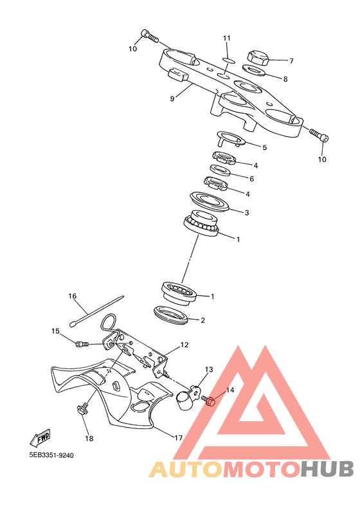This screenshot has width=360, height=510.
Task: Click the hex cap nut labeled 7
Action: [258, 58]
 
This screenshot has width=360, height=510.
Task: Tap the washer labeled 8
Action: [254, 69]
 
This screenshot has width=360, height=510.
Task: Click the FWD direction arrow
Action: [40, 437]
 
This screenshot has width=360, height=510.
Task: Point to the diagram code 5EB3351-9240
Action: [51, 455]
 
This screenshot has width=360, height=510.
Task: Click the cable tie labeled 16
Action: [96, 310]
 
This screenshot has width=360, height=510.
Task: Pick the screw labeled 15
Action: [82, 344]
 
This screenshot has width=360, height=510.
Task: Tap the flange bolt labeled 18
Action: [82, 408]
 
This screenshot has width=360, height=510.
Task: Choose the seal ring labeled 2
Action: [171, 315]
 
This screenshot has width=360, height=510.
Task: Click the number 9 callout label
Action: [172, 98]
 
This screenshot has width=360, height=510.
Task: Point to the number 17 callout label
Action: [178, 438]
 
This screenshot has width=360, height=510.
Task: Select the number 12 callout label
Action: [184, 345]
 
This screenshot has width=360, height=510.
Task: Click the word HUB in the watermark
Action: [327, 469]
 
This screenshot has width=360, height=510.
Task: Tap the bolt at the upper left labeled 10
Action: [150, 36]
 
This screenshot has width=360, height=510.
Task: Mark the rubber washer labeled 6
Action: [220, 170]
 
